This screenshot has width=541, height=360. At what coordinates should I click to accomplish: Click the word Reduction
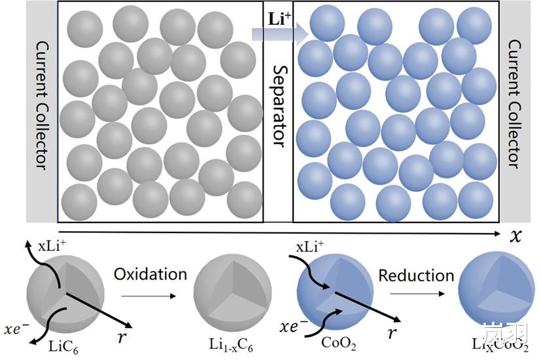coord(416,275)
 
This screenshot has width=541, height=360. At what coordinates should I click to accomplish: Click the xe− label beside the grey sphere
coord(18,325)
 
